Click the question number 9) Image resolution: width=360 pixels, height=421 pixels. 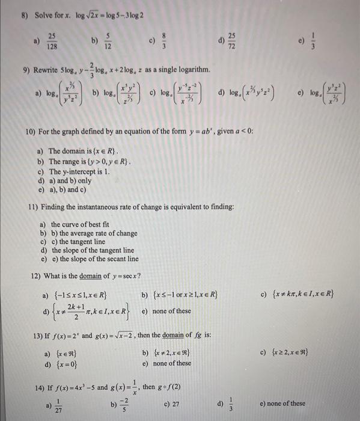click(28, 70)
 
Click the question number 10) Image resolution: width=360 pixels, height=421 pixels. click(31, 131)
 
